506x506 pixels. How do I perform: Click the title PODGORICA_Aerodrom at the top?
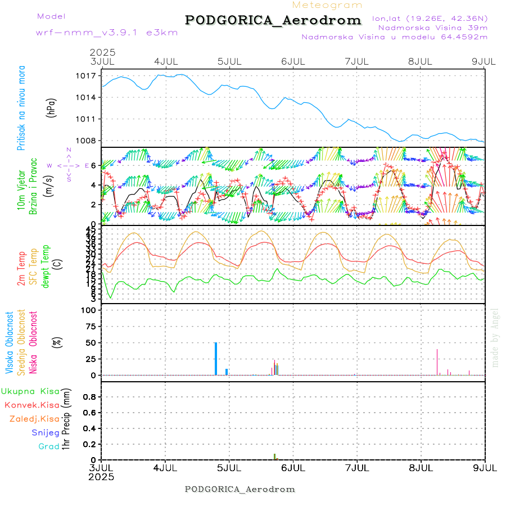click(x=273, y=20)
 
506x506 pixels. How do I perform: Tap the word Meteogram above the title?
click(x=327, y=5)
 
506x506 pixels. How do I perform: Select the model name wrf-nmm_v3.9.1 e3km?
click(x=107, y=33)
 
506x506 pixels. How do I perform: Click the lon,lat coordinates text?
click(x=430, y=18)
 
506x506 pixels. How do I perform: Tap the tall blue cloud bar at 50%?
click(x=216, y=358)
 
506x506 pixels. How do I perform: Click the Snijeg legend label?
click(x=46, y=433)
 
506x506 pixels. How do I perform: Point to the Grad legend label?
click(x=49, y=446)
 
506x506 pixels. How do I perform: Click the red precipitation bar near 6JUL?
click(x=274, y=457)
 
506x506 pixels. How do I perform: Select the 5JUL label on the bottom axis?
click(x=229, y=468)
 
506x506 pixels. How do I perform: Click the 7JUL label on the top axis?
click(x=356, y=61)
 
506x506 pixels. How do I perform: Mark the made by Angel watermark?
click(x=495, y=337)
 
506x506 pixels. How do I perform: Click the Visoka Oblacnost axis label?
click(x=10, y=343)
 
